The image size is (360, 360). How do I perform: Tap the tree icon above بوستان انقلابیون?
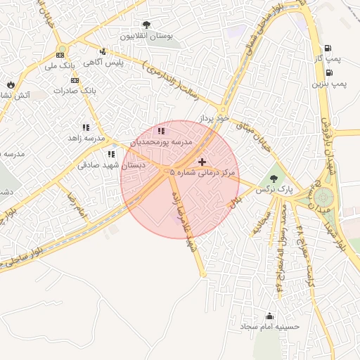tap(146, 25)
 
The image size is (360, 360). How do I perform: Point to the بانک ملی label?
tap(59, 66)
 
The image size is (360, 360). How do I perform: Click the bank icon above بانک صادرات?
tap(74, 80)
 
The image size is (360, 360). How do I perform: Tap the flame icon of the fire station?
tap(11, 84)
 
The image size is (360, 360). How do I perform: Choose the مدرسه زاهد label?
tap(85, 139)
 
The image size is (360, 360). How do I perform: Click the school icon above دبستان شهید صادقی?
tap(111, 154)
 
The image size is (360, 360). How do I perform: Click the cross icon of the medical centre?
tap(202, 162)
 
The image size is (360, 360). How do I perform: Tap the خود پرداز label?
tap(214, 120)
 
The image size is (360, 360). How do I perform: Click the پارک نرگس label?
tap(274, 190)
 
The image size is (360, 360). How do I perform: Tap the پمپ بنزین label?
tap(330, 84)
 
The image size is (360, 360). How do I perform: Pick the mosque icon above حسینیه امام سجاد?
tap(269, 316)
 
